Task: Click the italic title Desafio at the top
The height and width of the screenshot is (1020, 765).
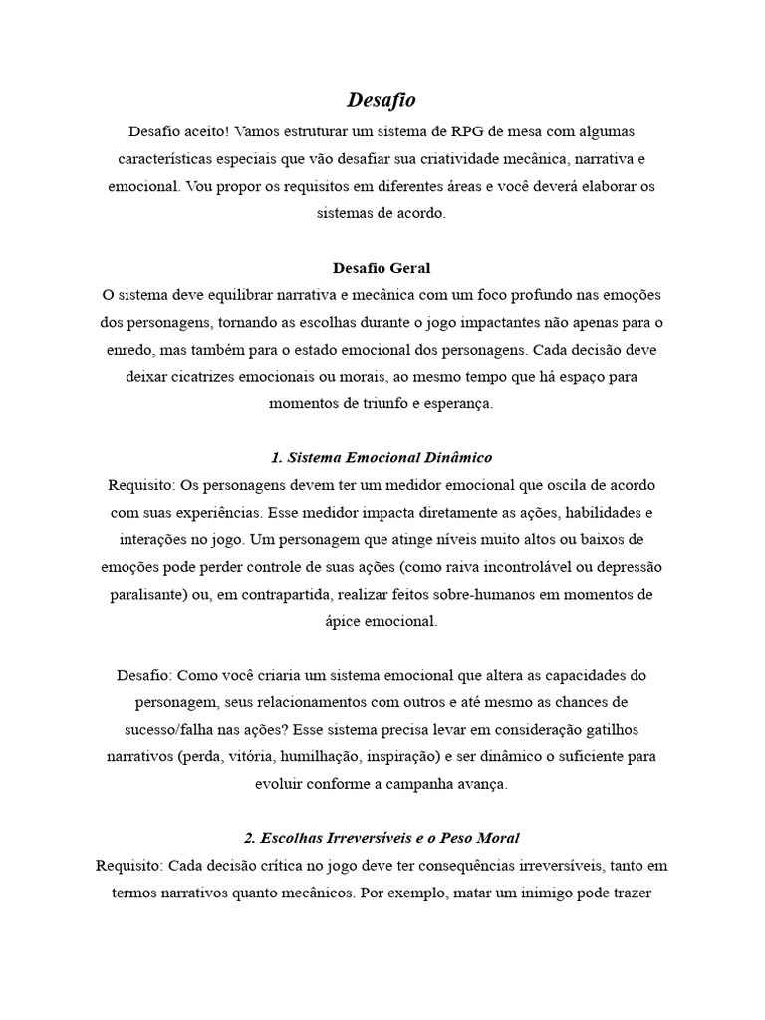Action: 382,100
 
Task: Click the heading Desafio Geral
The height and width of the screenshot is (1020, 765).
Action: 382,269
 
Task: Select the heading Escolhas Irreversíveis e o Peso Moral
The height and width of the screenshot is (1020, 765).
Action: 382,837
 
